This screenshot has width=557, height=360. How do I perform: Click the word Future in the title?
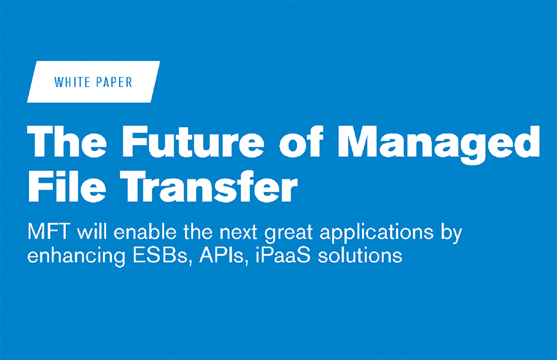click(x=192, y=140)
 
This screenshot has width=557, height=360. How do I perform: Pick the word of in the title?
click(x=303, y=140)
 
